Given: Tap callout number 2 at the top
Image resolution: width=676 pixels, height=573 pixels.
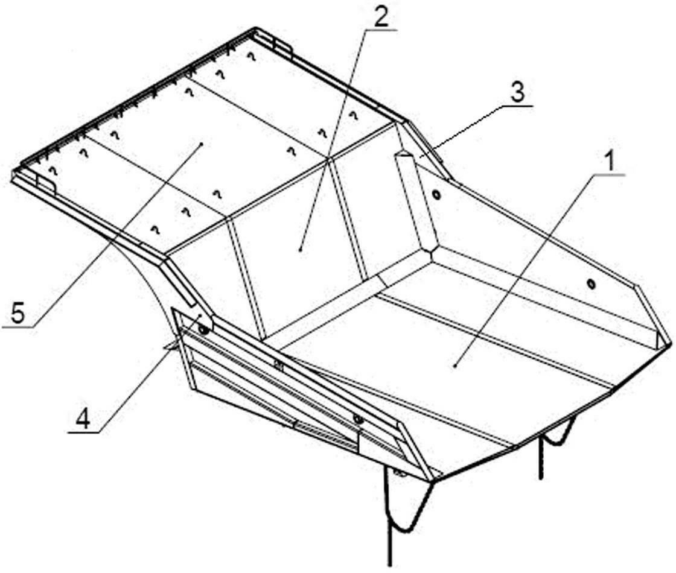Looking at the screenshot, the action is (x=380, y=17).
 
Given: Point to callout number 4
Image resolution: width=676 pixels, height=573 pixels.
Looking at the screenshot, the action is (x=83, y=419).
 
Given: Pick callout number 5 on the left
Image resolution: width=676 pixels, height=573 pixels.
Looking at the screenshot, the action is (x=18, y=315).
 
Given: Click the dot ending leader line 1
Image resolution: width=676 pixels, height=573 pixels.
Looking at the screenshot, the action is (x=456, y=366).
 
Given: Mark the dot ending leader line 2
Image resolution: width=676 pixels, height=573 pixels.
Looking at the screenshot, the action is (x=301, y=249).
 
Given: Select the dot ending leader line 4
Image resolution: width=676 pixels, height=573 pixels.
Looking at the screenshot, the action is (x=199, y=316).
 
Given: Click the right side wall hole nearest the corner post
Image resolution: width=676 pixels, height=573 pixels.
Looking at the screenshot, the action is (x=437, y=194).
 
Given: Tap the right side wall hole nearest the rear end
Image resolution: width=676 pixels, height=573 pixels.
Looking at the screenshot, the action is (x=591, y=283).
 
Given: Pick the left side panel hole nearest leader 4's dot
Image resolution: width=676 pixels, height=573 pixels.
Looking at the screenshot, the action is (x=204, y=330).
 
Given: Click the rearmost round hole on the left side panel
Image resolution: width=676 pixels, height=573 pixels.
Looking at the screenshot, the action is (x=357, y=419).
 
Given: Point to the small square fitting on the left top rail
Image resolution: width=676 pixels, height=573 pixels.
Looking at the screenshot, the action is (x=278, y=366).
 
